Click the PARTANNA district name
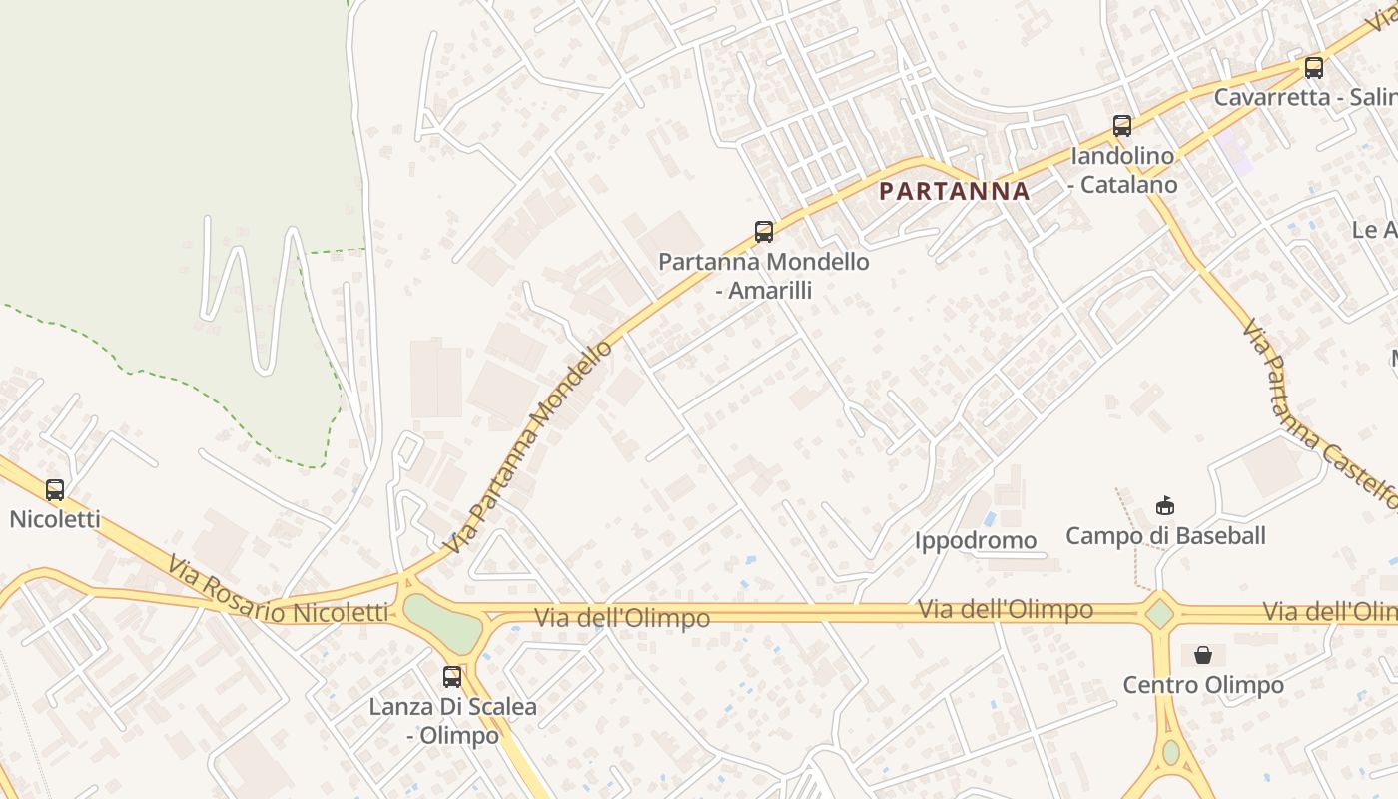tap(954, 191)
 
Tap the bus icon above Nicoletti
tap(55, 490)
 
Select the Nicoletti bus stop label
tap(55, 519)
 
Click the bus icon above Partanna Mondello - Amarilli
tap(764, 232)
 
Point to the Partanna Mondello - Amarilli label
tap(764, 276)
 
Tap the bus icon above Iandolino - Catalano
tap(1122, 126)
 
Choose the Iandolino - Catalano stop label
tap(1123, 170)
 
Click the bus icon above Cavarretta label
tap(1314, 68)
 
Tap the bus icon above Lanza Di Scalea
tap(452, 677)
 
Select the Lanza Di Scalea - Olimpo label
tap(453, 721)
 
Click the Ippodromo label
tap(976, 541)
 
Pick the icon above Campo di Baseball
tap(1165, 506)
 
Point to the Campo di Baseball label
tap(1165, 536)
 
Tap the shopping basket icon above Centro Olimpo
tap(1203, 655)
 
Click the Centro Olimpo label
tap(1203, 685)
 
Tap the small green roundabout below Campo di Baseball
tap(1159, 613)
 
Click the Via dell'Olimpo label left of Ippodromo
tap(622, 618)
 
